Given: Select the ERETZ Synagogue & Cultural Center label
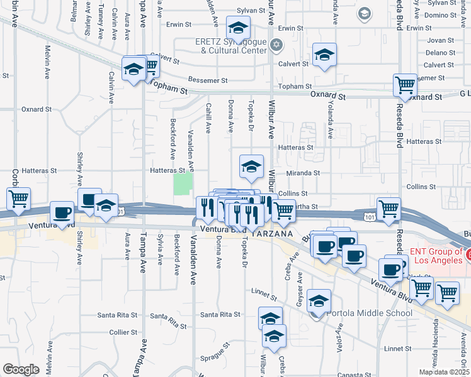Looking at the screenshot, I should click(231, 48).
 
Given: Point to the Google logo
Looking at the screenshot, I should click(21, 369).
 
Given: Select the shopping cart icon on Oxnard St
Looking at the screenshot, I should click(405, 85).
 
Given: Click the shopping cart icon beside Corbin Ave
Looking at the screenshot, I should click(18, 199).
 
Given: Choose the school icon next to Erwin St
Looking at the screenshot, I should click(238, 28).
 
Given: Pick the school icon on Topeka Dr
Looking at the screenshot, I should click(251, 167).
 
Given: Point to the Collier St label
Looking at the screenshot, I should click(123, 332).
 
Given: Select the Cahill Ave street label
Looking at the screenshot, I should click(208, 118).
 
